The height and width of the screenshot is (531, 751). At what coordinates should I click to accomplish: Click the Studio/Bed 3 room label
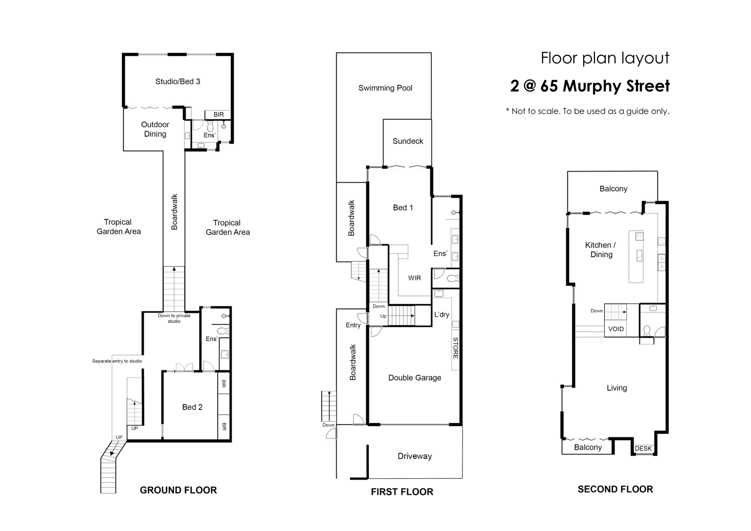point(178,81)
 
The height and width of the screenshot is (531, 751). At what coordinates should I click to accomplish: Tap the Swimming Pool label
point(385,88)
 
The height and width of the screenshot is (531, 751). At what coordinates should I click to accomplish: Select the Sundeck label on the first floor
point(408,141)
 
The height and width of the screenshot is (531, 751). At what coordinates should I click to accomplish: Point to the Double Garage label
point(415,378)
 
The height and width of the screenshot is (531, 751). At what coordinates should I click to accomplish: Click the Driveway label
point(415,456)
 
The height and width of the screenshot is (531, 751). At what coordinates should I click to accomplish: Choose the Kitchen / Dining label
point(601,250)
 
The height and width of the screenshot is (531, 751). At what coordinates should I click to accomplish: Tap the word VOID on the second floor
point(616,329)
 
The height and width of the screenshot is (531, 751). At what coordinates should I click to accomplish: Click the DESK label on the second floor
point(643,448)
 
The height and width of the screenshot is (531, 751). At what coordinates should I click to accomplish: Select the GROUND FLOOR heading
point(178,490)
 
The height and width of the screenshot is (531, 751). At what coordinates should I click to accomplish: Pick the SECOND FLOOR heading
point(615,489)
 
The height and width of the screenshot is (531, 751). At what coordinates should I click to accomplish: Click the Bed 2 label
point(192,407)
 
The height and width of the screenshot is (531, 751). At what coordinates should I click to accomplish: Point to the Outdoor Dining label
point(155,129)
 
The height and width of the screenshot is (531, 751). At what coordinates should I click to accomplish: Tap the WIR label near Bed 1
point(415,278)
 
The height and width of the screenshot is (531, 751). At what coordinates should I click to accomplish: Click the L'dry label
point(442,315)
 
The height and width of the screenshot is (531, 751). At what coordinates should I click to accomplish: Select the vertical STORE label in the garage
point(456,348)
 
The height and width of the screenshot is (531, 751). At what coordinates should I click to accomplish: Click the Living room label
point(617,388)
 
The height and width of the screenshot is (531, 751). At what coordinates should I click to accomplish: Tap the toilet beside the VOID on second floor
point(647,331)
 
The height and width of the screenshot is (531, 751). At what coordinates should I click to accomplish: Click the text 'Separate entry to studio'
point(117,361)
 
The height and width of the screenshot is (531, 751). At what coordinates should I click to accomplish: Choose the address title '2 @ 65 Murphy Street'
point(590,86)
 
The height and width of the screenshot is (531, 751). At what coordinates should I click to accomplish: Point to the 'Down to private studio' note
point(174,319)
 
